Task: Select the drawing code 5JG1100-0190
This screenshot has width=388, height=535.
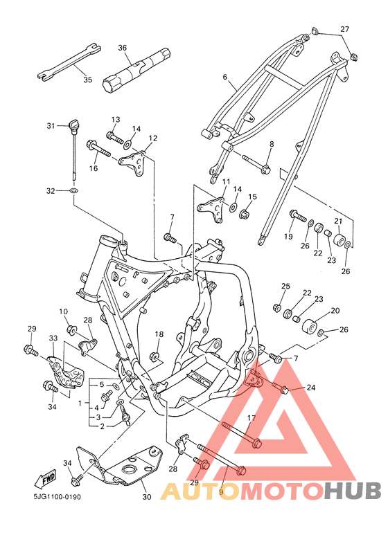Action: click(x=57, y=496)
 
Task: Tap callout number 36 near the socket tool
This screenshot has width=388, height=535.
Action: click(x=122, y=48)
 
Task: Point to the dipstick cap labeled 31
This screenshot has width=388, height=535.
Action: click(x=73, y=124)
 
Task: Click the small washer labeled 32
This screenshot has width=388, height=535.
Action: click(x=73, y=190)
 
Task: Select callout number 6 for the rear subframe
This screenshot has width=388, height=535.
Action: click(x=224, y=77)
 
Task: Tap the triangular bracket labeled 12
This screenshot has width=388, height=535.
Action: click(x=134, y=163)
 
